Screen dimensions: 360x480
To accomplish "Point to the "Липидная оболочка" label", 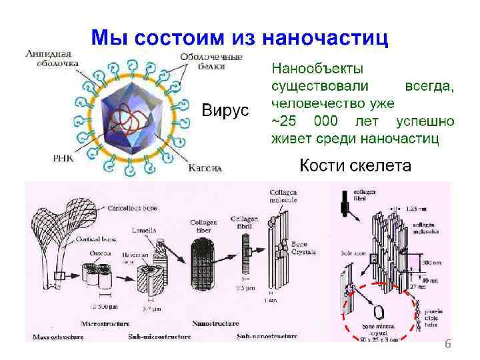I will tap(49, 58).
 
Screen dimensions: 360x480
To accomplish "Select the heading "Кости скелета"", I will tap(355, 165).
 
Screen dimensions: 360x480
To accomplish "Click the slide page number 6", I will tap(448, 344).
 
